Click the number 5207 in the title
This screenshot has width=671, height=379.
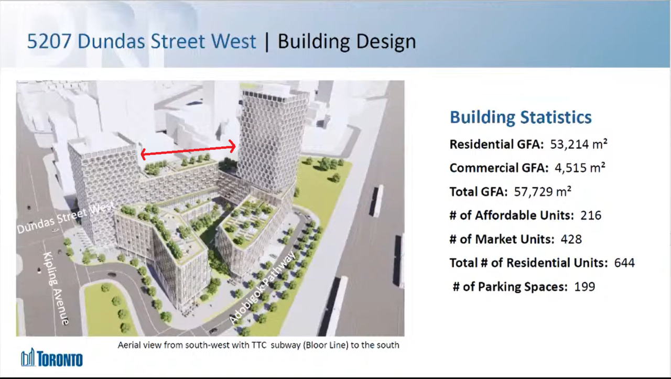pos(49,41)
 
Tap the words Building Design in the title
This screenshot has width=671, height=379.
pos(347,42)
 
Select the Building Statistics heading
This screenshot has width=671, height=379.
pos(521,117)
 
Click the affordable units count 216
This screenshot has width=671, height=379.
pos(591,215)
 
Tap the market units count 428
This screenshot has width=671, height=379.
pos(571,240)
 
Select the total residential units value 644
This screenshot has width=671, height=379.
pos(624,263)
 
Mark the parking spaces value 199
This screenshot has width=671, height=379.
pos(585,287)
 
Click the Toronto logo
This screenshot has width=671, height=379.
pos(52,358)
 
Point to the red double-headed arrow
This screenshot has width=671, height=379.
pos(188,150)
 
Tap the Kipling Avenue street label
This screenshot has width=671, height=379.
pos(57,288)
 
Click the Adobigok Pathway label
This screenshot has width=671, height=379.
pos(263,288)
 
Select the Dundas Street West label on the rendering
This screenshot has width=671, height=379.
pos(66,217)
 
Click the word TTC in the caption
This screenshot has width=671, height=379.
pos(259,345)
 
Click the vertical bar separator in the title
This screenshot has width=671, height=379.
pos(267,41)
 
